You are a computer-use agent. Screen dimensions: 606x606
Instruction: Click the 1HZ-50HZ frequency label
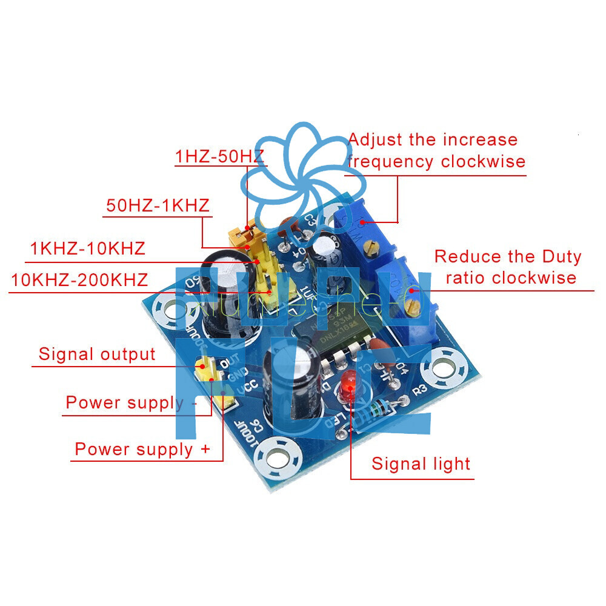tap(219, 156)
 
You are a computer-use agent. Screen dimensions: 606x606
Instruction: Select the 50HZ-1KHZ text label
tap(158, 205)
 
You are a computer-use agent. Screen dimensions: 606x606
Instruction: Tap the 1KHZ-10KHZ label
tap(88, 248)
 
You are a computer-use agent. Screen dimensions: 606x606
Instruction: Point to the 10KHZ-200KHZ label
tap(79, 280)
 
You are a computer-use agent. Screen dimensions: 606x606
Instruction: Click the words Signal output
tap(97, 354)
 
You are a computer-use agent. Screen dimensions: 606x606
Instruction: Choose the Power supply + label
tap(142, 449)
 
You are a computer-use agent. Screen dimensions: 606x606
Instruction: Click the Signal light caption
tap(421, 464)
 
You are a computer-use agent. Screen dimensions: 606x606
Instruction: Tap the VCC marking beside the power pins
tap(233, 387)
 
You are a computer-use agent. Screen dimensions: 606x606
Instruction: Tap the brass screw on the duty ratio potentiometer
tap(413, 308)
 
